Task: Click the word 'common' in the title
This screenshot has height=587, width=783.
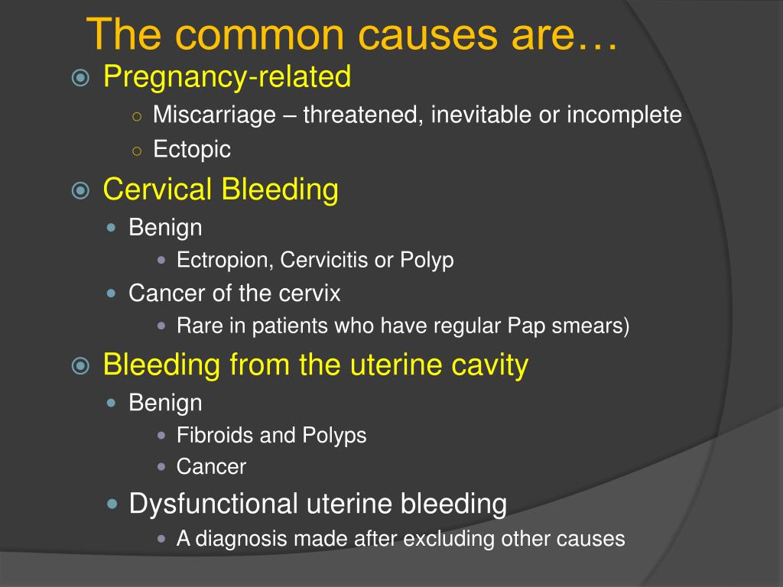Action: point(260,35)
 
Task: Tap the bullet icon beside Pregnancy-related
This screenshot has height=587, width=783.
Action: point(80,78)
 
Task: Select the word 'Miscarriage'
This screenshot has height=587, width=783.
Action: point(214,115)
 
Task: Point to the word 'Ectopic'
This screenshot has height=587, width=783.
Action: point(192,149)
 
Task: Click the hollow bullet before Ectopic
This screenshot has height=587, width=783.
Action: point(137,151)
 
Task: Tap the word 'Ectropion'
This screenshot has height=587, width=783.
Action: point(225,260)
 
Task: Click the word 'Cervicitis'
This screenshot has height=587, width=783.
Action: point(323,260)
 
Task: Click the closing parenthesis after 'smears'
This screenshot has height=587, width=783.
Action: point(625,326)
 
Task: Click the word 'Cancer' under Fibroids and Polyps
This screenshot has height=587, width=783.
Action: point(211,467)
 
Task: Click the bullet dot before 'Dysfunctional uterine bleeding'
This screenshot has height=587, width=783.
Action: point(112,504)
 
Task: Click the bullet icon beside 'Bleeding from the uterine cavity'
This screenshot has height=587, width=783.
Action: point(80,366)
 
